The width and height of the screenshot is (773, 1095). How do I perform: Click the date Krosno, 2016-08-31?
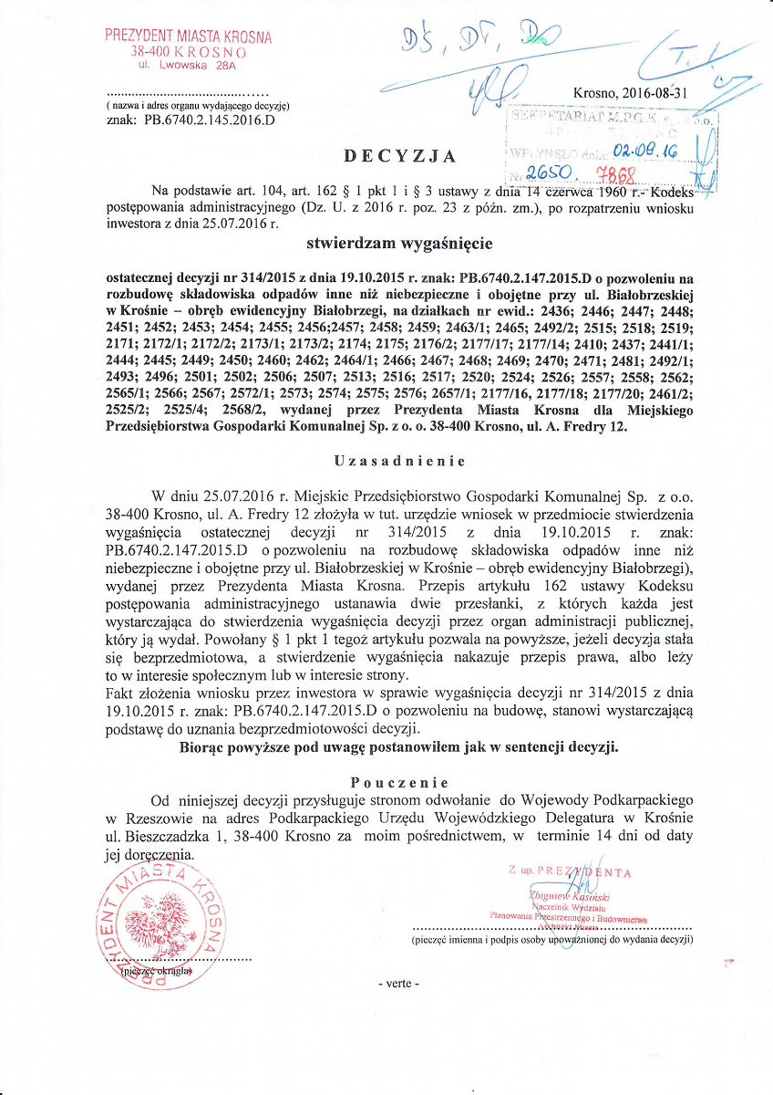click(636, 92)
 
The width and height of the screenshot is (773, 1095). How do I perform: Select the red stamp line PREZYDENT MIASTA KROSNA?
click(188, 36)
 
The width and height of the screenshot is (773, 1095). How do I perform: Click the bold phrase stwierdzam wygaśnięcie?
click(400, 244)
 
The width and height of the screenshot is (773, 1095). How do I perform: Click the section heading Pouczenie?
click(399, 782)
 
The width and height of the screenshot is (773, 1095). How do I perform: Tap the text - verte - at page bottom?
click(398, 984)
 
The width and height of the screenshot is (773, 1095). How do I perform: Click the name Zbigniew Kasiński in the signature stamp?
click(556, 895)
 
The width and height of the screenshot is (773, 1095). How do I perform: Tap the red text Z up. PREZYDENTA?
click(570, 871)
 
